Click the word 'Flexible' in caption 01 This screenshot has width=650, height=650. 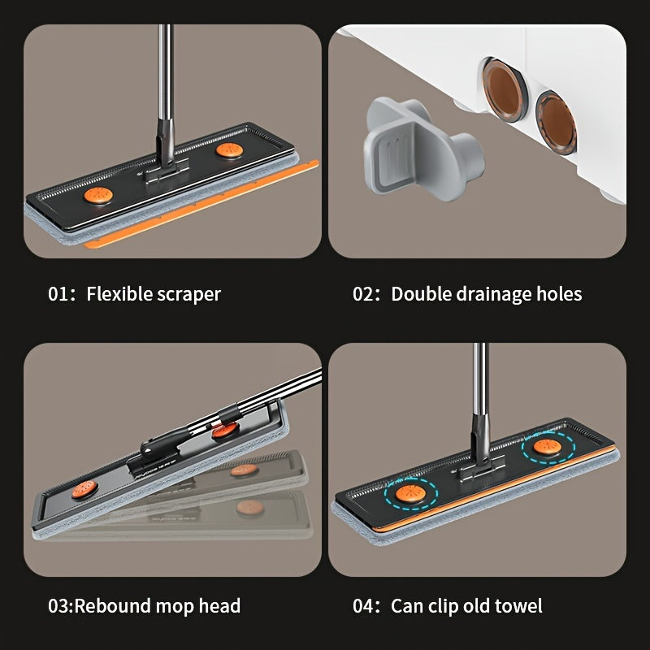pos(118,294)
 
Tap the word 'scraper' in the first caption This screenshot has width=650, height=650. pos(188,295)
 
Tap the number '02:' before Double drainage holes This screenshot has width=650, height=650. pos(366,294)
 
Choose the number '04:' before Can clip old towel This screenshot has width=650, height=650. pos(366,605)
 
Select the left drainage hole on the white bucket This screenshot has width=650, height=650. pos(505,89)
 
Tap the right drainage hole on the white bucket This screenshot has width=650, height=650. pos(557,123)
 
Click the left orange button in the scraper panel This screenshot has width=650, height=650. pos(98,195)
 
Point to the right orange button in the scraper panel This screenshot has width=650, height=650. pos(229,150)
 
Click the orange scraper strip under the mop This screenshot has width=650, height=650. pos(201,204)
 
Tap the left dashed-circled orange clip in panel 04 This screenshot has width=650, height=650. pos(410,494)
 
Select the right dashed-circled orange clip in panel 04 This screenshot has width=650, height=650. pos(548,447)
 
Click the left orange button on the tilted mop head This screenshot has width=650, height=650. pos(85,489)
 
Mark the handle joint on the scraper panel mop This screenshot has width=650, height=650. pos(166,152)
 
